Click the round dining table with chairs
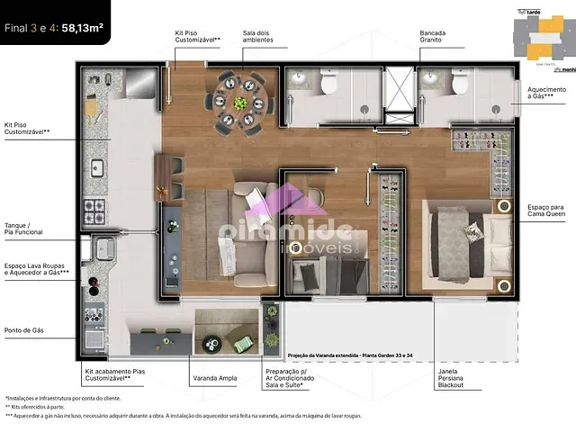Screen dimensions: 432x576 point(240,97)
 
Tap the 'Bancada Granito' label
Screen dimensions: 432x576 point(432,37)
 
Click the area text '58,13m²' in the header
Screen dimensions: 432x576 point(82,27)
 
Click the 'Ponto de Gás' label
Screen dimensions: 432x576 point(24,330)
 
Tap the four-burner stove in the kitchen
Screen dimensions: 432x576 point(95,212)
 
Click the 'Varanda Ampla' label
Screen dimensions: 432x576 point(215,378)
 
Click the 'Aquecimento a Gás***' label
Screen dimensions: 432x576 point(546,94)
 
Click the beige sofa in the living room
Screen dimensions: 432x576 point(248,229)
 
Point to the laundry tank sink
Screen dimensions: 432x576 point(103,247)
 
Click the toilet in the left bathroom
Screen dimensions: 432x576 point(328,85)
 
